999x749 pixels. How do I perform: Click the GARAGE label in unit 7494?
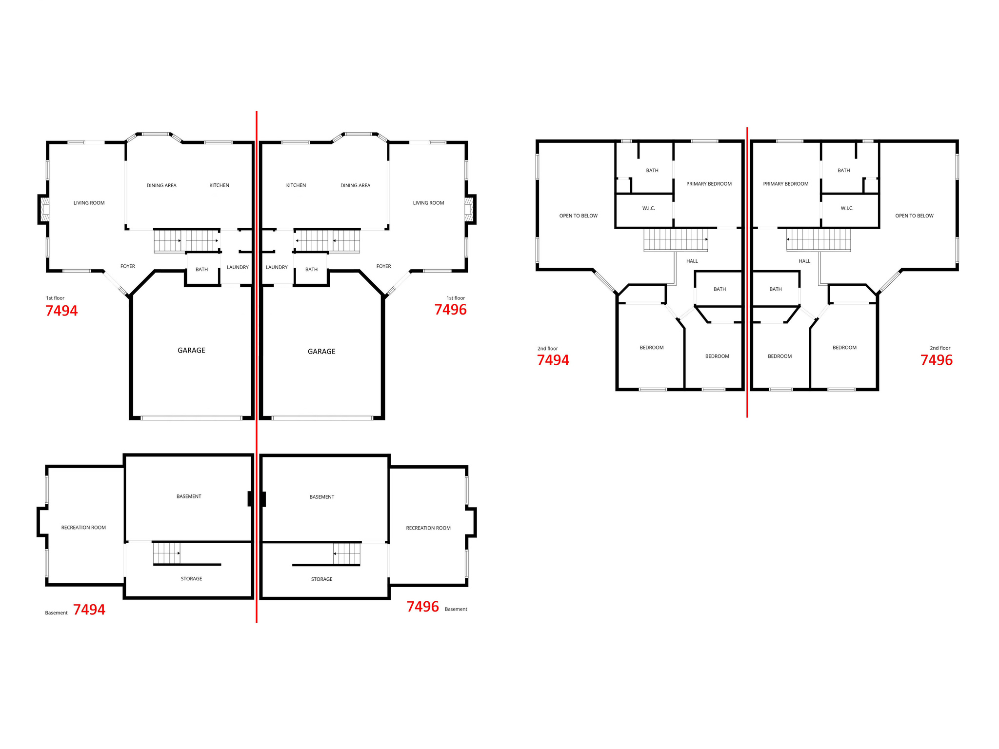tap(191, 350)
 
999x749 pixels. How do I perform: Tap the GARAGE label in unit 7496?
tap(321, 351)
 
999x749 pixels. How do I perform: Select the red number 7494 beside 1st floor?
tap(61, 311)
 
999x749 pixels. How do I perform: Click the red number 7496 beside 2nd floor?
tap(936, 360)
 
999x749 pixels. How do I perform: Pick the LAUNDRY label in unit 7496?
tap(277, 267)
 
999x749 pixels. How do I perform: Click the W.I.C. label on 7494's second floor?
tap(648, 208)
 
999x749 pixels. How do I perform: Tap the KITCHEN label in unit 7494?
tap(219, 185)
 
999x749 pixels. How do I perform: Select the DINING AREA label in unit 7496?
tap(355, 185)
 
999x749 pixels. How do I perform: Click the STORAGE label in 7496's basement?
tap(321, 579)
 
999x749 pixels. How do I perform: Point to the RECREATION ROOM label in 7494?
tap(83, 527)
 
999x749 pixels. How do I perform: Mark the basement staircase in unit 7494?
tap(167, 553)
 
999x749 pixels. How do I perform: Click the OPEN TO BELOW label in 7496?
tap(914, 216)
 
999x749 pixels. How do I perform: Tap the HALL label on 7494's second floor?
tap(692, 261)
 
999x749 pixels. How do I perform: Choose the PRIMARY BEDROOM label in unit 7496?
tap(785, 184)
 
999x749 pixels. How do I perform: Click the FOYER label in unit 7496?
tap(383, 266)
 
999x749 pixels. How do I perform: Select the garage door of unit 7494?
tap(191, 418)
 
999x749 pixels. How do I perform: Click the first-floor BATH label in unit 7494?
tap(201, 269)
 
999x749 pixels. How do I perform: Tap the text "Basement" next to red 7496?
tap(456, 609)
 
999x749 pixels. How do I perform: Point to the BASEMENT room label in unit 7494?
tap(189, 496)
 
